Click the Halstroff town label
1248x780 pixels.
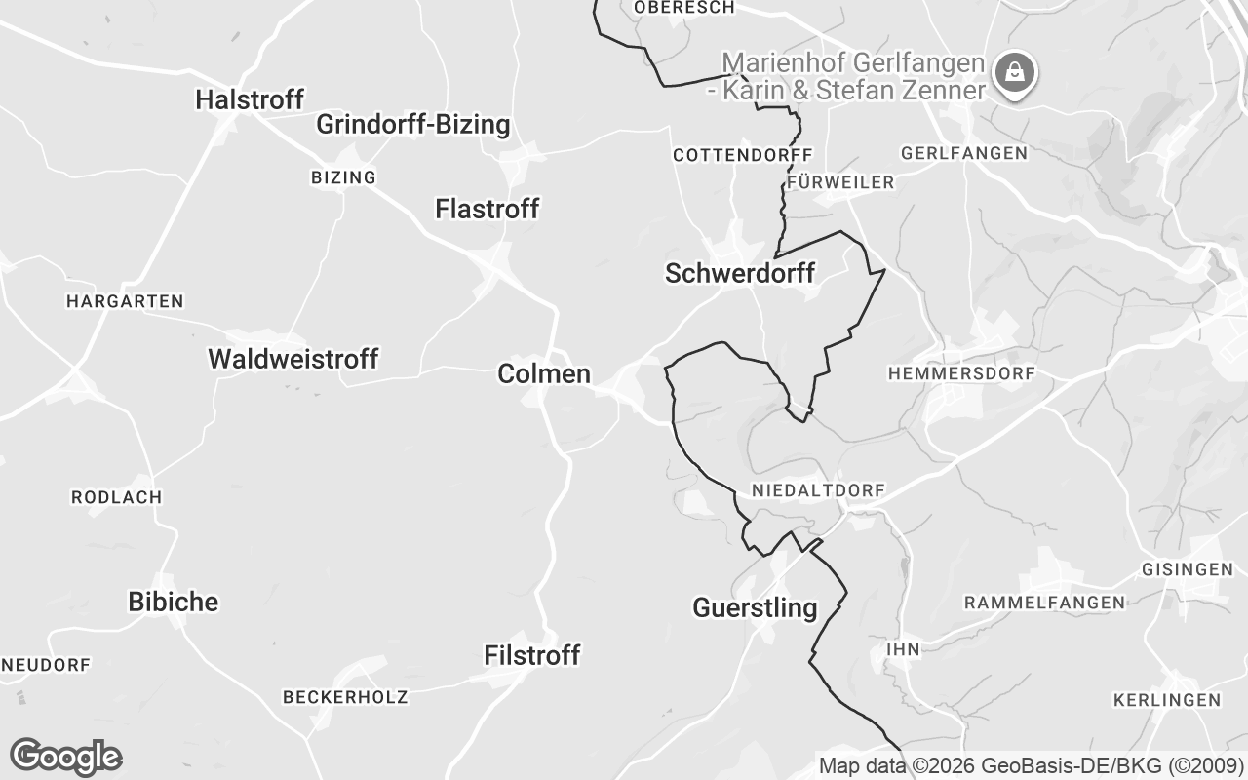(x=250, y=99)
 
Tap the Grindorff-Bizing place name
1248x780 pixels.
(x=412, y=125)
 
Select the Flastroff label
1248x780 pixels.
(x=487, y=209)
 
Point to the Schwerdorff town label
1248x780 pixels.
(x=739, y=274)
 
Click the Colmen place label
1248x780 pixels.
(x=544, y=373)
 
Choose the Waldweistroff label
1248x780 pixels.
(x=292, y=359)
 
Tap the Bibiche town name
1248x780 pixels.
(x=174, y=602)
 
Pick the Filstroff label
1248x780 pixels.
(x=532, y=656)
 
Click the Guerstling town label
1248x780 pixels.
(x=755, y=608)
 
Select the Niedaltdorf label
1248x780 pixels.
(x=804, y=490)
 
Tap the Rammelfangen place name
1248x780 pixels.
(x=1044, y=603)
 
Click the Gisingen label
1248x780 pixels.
(x=1187, y=569)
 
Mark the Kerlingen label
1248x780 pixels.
(x=1167, y=700)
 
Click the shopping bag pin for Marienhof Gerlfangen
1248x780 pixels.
(x=1015, y=73)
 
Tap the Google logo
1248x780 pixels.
(x=65, y=757)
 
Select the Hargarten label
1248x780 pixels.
(x=125, y=301)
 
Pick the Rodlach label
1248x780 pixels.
(x=117, y=497)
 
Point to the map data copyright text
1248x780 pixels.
(x=1031, y=765)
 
